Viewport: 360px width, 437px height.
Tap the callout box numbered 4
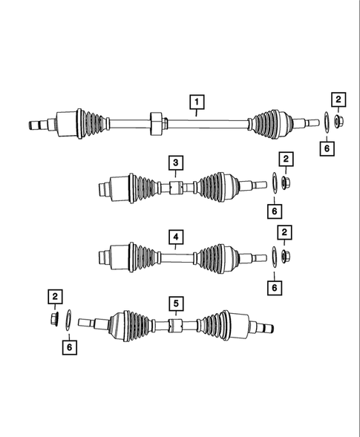(x=175, y=237)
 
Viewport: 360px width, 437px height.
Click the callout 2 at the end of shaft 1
(x=338, y=99)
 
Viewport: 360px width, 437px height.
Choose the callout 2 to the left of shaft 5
(x=54, y=298)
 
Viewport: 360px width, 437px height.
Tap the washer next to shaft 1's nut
(x=325, y=120)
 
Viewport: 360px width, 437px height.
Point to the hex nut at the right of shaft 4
(x=287, y=257)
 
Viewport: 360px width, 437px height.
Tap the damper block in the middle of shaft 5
(x=175, y=326)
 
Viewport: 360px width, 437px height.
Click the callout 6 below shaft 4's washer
(x=275, y=285)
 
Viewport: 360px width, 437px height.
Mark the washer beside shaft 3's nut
(x=275, y=183)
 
